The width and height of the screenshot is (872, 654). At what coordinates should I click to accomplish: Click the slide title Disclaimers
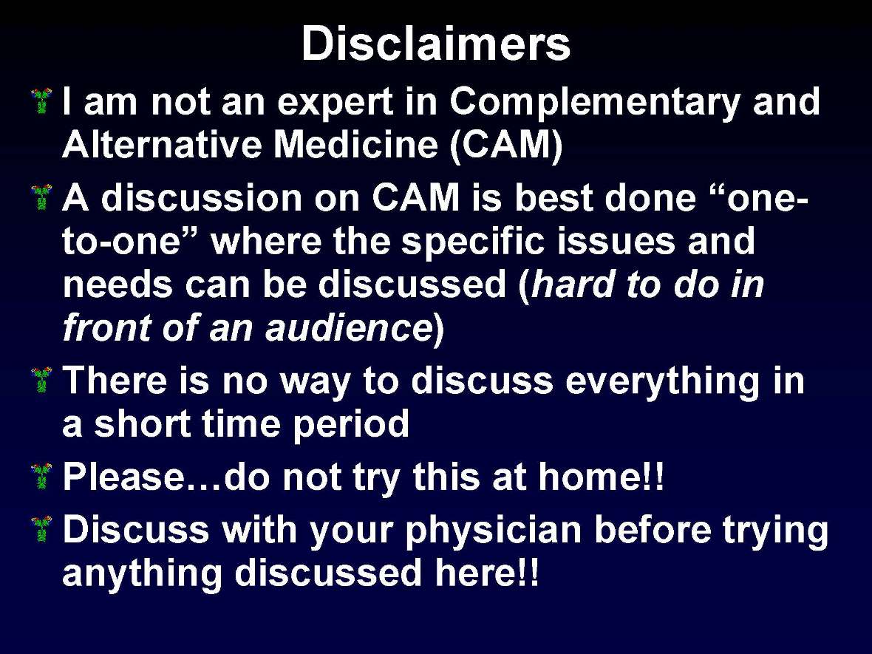(435, 44)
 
